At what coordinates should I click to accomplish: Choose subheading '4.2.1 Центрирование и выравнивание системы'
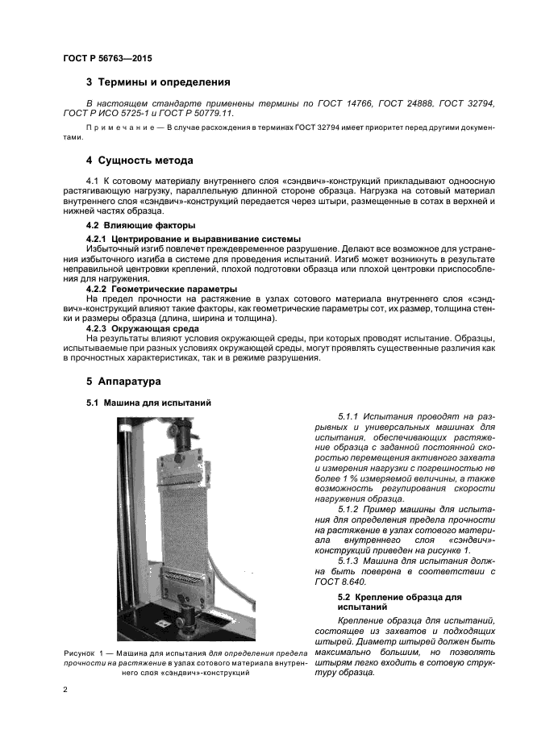point(193,239)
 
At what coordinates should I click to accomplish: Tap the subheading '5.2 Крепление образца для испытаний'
point(399,602)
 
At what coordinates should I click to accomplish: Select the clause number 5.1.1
point(352,415)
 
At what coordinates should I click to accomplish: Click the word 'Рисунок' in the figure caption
point(79,652)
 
